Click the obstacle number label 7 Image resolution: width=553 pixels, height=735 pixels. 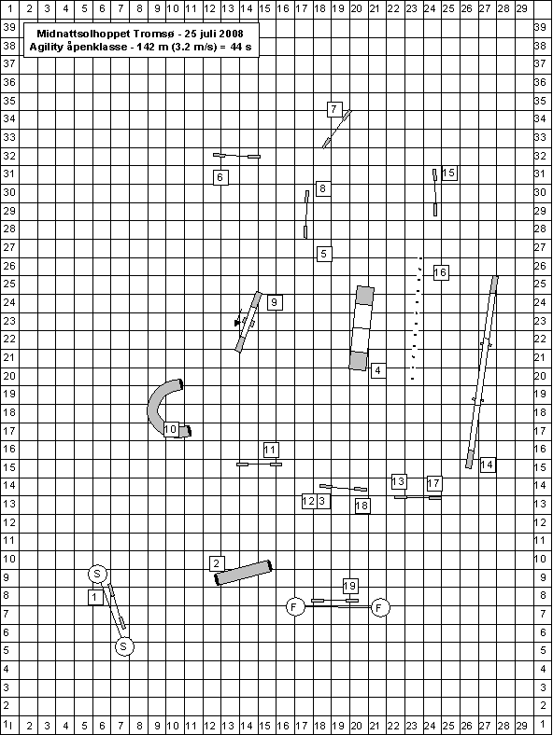[x=334, y=109]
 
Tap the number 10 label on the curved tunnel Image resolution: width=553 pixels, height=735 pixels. [x=170, y=429]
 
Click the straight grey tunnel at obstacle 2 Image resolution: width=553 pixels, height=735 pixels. [x=244, y=573]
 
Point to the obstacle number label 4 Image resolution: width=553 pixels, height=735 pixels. [x=378, y=370]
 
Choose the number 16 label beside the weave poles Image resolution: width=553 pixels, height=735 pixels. [x=440, y=272]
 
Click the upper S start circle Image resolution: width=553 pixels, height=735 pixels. [x=97, y=574]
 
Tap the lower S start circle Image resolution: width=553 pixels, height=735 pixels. [x=124, y=647]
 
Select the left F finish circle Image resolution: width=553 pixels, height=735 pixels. [x=295, y=607]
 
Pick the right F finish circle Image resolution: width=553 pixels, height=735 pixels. [x=380, y=608]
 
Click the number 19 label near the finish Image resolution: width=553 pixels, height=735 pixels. [x=350, y=586]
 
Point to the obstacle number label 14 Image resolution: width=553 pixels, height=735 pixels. [x=487, y=465]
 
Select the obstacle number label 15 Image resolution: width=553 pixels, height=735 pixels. [x=449, y=173]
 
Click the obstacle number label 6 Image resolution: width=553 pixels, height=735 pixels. [x=220, y=177]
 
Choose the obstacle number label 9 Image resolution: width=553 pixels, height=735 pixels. [x=275, y=302]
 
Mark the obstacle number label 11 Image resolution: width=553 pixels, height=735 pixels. [x=271, y=450]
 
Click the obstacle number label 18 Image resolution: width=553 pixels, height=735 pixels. [x=362, y=506]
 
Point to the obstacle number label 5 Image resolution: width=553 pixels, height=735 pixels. [x=324, y=254]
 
